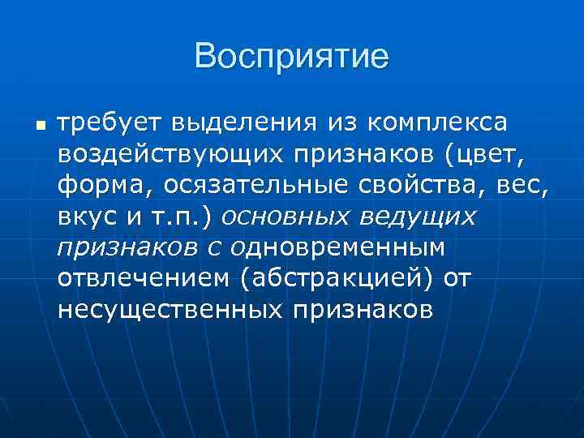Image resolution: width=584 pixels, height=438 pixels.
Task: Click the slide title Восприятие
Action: coord(292,57)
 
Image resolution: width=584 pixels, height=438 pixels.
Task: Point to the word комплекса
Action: coord(437,124)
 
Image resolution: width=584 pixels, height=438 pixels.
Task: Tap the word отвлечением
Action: coord(141,278)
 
